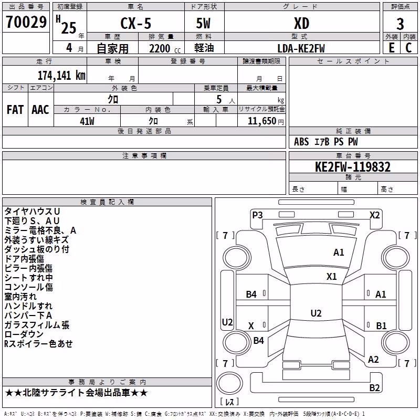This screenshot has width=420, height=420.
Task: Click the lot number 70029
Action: [x=26, y=22]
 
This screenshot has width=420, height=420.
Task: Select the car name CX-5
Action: [x=136, y=23]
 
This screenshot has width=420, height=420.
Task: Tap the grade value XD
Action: [x=301, y=23]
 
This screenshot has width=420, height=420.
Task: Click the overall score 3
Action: [x=400, y=24]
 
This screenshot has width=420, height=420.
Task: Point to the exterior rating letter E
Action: [x=392, y=48]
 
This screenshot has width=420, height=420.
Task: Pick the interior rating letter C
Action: [x=408, y=48]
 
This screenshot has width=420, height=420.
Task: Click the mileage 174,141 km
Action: [x=61, y=75]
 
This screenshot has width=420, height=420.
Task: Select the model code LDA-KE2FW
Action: [x=301, y=48]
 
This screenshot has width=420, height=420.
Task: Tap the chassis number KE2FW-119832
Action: [x=353, y=167]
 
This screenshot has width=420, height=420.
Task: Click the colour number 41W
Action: [x=87, y=121]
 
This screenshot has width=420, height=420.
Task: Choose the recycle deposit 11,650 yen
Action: [x=266, y=121]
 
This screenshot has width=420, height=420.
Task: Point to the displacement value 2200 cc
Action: [x=165, y=48]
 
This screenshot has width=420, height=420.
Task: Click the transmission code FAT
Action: [x=15, y=110]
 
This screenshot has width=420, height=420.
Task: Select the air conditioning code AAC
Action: [x=40, y=110]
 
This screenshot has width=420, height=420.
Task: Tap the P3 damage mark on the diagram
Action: [x=257, y=215]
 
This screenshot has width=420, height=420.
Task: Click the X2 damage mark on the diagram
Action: [x=374, y=215]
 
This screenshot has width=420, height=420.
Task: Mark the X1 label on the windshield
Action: [x=332, y=276]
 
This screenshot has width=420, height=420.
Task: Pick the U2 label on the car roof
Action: [x=316, y=313]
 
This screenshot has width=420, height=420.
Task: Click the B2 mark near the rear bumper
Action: [x=374, y=387]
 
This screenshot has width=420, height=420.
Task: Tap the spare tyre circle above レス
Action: [x=229, y=383]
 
